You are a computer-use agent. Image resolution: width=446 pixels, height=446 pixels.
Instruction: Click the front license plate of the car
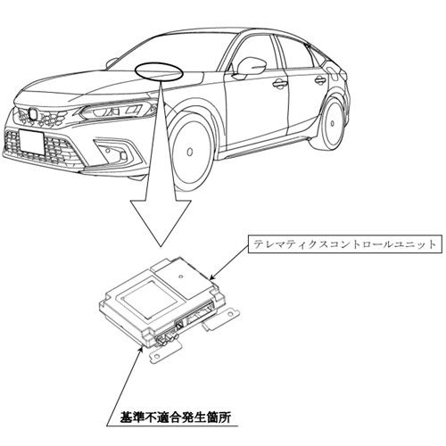tap(32, 142)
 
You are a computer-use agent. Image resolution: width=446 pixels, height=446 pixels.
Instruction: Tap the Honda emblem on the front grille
tap(32, 114)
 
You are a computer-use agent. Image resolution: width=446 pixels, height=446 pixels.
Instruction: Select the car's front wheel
tap(190, 152)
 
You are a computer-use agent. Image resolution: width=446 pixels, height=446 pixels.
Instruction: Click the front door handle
tap(279, 83)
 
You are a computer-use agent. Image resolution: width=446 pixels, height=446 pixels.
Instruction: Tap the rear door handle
tap(320, 79)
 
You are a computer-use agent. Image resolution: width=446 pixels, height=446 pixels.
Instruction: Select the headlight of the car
tap(116, 111)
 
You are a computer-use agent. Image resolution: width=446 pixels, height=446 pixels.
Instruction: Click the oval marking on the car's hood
tap(159, 71)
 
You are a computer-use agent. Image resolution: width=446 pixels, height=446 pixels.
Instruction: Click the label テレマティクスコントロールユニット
tap(344, 244)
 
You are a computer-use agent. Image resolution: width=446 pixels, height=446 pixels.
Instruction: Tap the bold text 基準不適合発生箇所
tap(176, 417)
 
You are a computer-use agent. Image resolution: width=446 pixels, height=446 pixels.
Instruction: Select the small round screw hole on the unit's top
tap(180, 277)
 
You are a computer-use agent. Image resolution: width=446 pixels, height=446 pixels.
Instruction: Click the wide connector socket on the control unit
tap(200, 312)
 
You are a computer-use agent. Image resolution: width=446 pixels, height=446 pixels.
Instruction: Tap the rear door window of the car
tap(295, 53)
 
